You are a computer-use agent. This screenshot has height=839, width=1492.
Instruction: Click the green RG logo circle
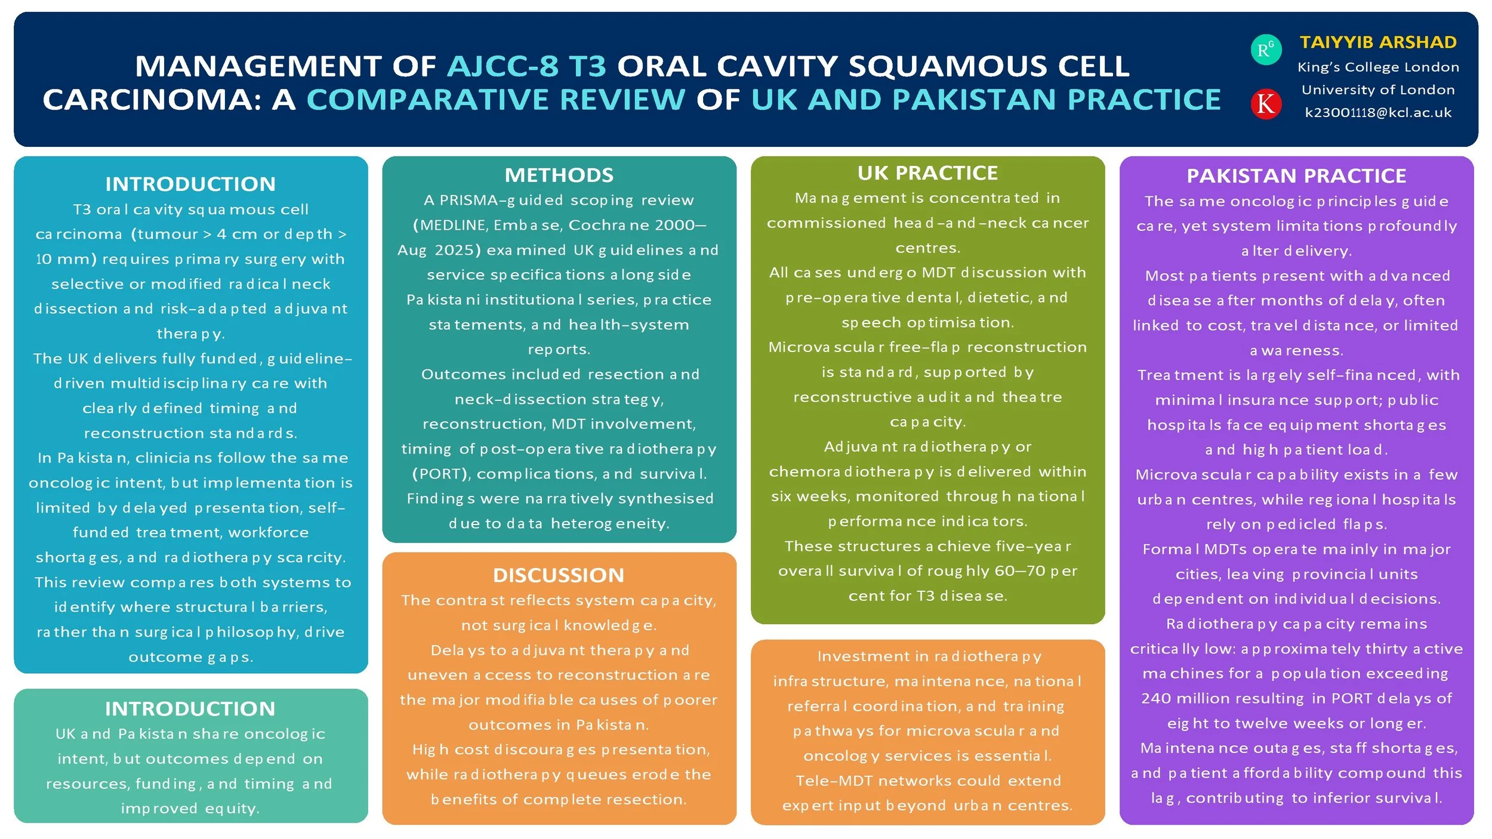(1265, 50)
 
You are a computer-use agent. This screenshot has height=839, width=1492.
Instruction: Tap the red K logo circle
(1265, 104)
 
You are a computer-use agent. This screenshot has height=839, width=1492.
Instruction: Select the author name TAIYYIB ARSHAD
(1378, 42)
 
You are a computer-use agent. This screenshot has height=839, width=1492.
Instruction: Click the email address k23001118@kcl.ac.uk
(1378, 113)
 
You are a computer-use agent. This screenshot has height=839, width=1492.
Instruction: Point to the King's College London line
(1378, 67)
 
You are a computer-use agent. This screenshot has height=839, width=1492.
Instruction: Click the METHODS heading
(559, 175)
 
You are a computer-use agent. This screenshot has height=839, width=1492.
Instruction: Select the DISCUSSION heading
(559, 575)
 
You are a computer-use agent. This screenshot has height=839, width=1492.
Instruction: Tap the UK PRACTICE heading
(927, 173)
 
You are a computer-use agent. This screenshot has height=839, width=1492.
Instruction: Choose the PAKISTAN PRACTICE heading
(1296, 176)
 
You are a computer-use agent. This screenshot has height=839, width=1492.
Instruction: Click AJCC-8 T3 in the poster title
(526, 66)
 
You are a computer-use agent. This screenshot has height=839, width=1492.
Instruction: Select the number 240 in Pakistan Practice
(1155, 698)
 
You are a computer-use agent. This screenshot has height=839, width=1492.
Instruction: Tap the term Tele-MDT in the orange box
(834, 781)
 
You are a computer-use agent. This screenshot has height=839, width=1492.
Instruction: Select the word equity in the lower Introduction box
(232, 809)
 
